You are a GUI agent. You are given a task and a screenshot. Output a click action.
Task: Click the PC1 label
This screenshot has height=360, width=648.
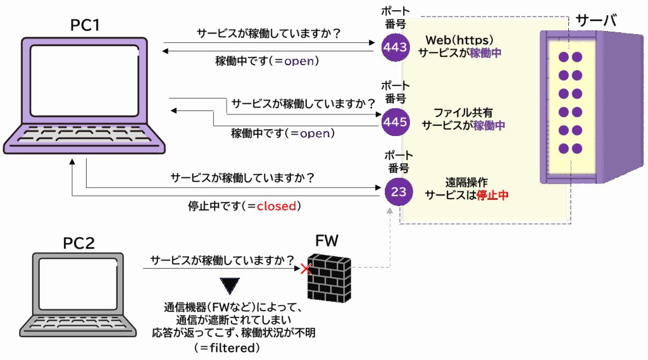point(85,25)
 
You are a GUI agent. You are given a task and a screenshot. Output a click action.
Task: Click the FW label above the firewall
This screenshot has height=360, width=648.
point(327,241)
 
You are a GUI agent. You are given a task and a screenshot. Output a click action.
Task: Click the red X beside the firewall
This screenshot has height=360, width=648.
point(306,270)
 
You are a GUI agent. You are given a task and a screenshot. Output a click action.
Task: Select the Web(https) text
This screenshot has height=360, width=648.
point(459,40)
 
